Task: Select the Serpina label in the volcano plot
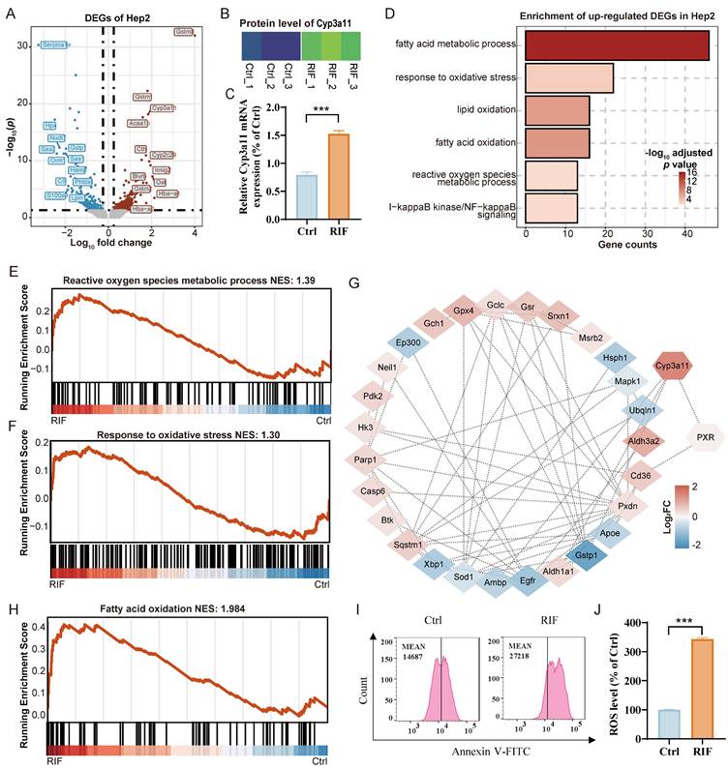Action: [52, 44]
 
